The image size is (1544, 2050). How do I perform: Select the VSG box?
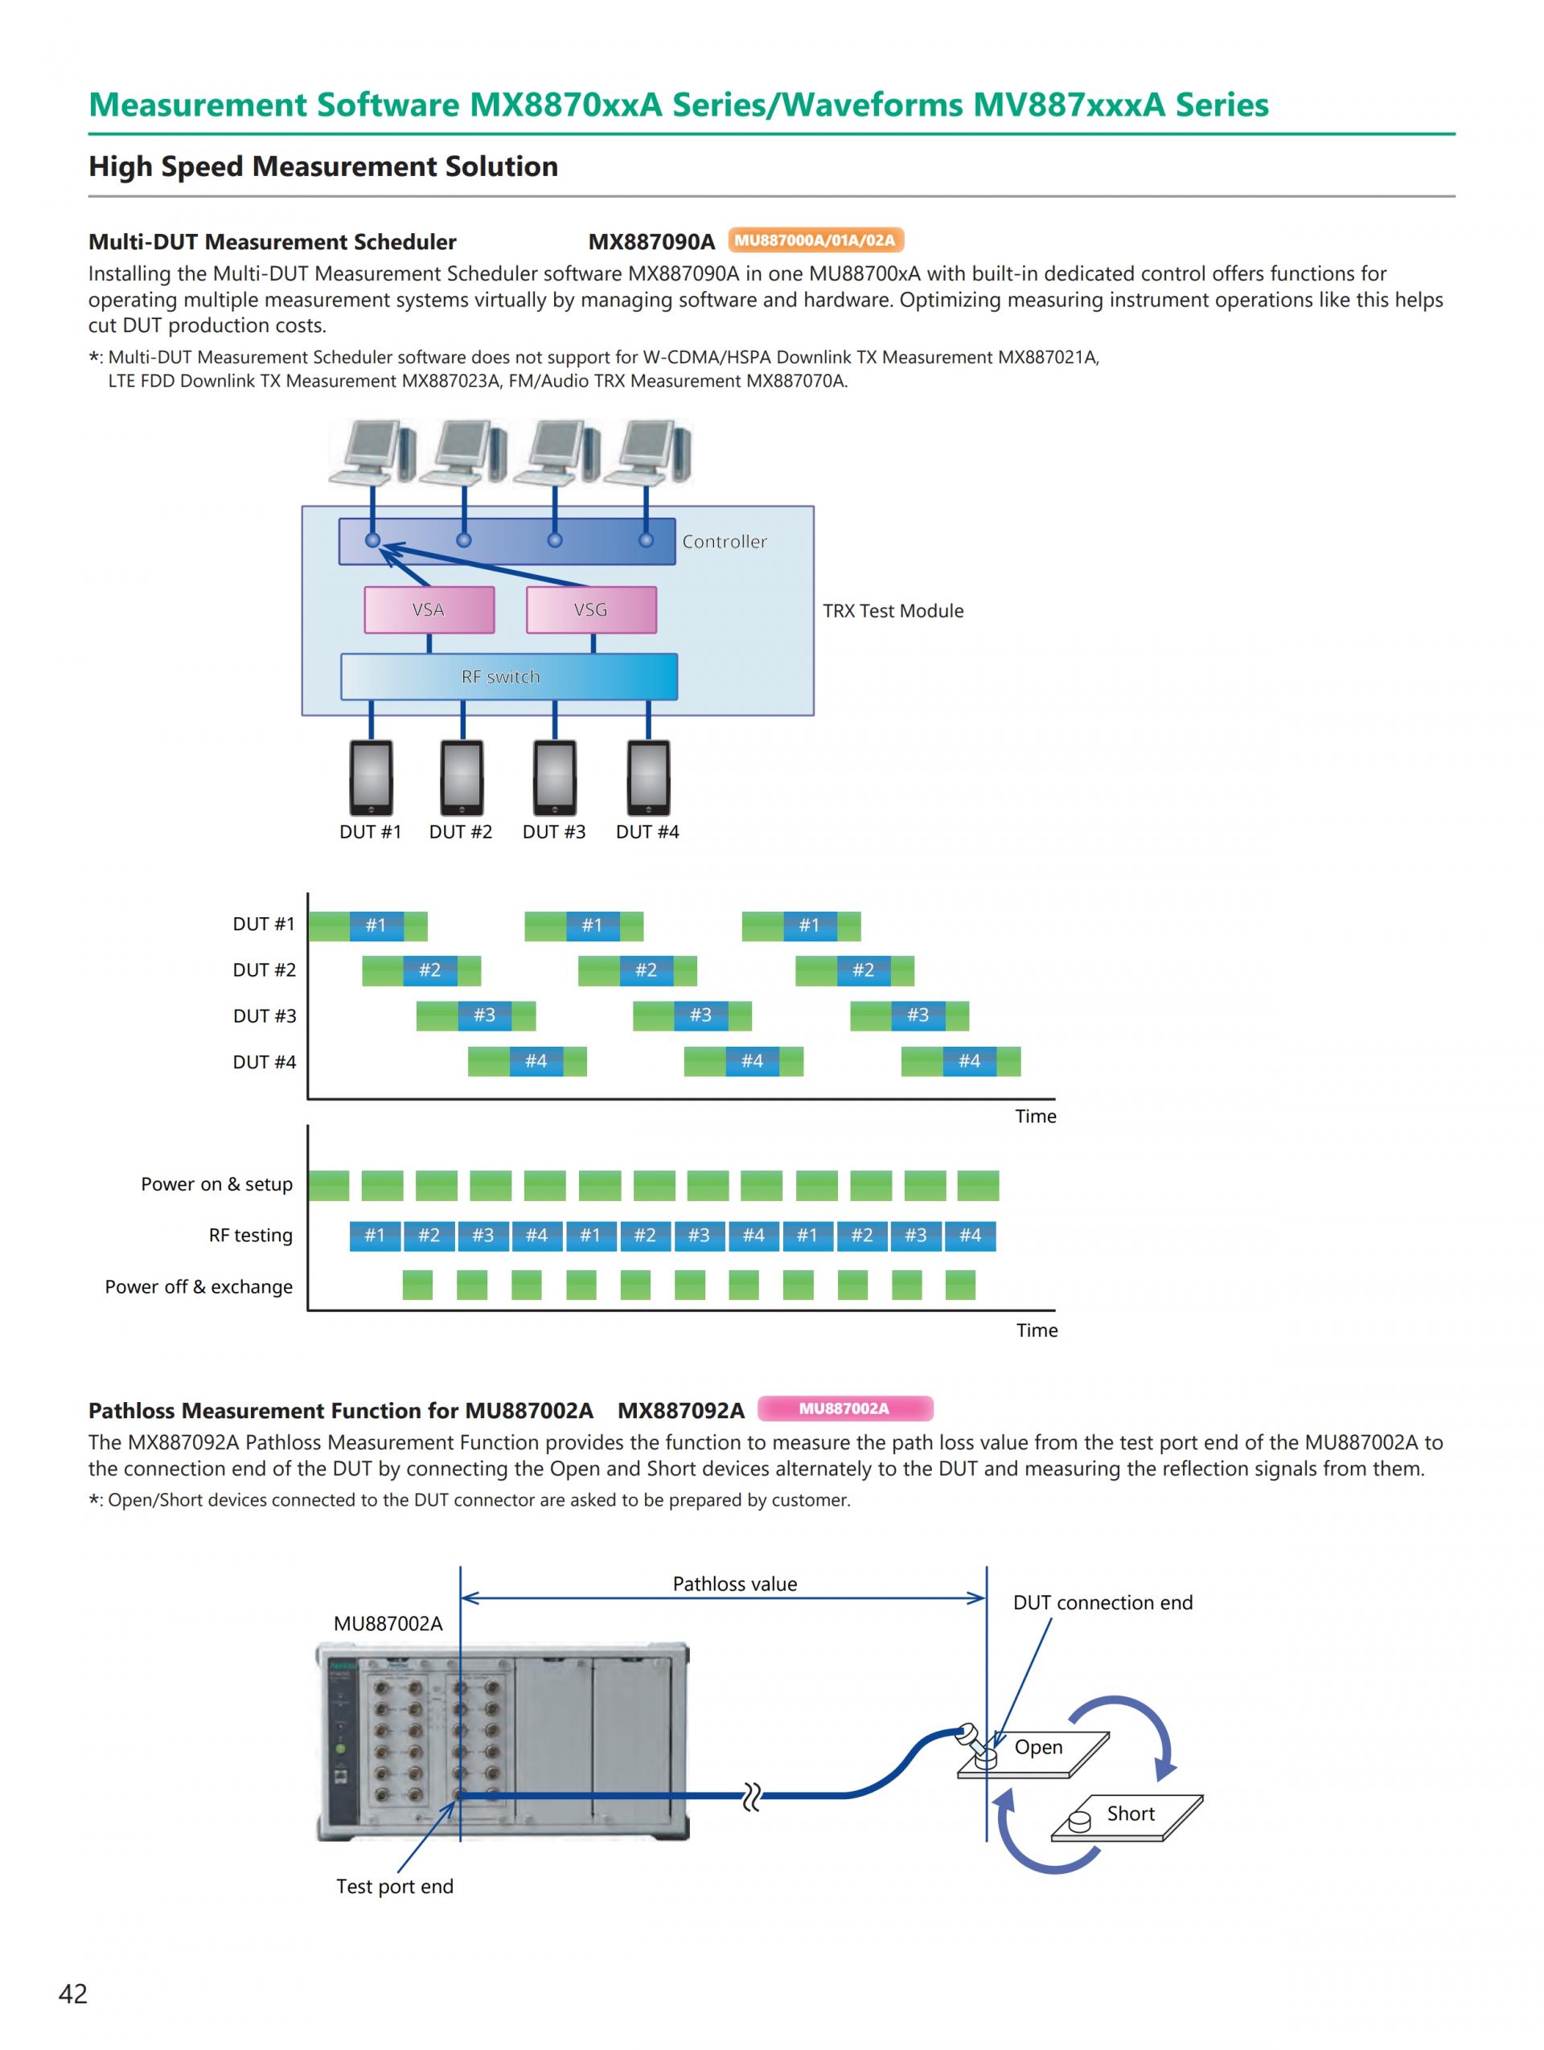(590, 610)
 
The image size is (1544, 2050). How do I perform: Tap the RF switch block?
(508, 677)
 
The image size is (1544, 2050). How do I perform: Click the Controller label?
(724, 541)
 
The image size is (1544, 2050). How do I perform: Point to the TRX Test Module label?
(893, 611)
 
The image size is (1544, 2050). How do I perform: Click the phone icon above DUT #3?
(554, 777)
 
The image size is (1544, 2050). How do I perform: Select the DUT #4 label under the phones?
(647, 831)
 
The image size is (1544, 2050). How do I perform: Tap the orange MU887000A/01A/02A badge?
(815, 240)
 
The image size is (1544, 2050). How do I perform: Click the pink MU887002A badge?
(844, 1408)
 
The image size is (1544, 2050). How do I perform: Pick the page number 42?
(73, 1994)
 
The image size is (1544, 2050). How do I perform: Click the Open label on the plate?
(1038, 1747)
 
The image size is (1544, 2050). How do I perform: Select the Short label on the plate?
(1131, 1814)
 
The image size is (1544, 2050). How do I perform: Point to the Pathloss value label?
(734, 1584)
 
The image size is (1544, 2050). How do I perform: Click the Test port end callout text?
(395, 1886)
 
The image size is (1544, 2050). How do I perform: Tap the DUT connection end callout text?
(1102, 1602)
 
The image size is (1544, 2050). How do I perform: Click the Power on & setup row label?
(216, 1183)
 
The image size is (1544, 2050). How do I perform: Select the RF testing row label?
(250, 1235)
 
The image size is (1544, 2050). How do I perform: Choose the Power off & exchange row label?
(199, 1286)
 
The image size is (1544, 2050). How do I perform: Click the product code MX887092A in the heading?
(680, 1411)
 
